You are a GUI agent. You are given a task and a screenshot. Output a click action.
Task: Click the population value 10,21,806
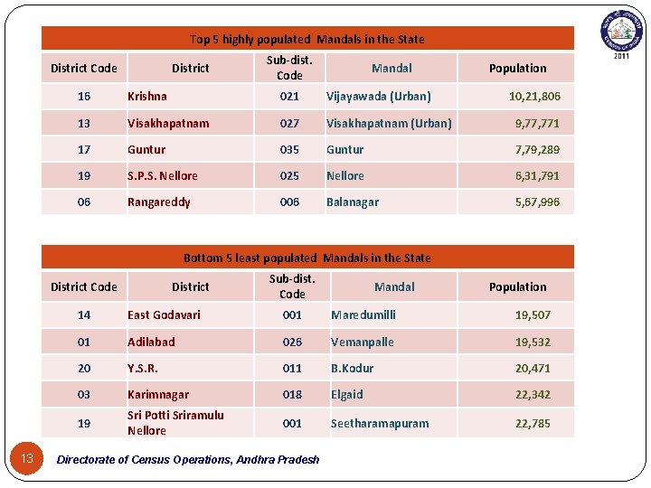[x=533, y=97]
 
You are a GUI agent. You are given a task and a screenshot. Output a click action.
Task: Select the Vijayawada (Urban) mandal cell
[x=378, y=97]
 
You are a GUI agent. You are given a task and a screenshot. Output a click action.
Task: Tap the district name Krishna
[x=147, y=97]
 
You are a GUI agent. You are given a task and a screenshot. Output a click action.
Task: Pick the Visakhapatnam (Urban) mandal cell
[x=389, y=124]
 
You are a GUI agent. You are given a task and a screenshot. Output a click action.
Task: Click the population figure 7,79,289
[x=537, y=150]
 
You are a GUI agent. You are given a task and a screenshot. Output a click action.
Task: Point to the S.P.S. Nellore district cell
[x=163, y=176]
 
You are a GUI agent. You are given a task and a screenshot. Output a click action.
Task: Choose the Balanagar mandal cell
[x=353, y=202]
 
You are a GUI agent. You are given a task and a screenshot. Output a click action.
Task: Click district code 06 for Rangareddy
[x=84, y=202]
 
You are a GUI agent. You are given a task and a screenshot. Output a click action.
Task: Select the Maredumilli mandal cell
[x=363, y=315]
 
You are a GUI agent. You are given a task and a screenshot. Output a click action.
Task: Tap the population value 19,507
[x=533, y=315]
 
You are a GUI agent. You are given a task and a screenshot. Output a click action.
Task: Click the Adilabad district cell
[x=152, y=343]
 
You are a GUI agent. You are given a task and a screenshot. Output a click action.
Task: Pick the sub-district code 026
[x=292, y=343]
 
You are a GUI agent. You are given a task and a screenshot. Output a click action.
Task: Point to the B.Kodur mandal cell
[x=352, y=369]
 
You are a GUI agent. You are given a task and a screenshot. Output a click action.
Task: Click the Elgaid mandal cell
[x=347, y=395]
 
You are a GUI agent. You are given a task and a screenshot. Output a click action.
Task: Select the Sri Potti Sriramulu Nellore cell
[x=175, y=423]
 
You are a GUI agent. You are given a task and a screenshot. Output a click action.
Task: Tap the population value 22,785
[x=533, y=424]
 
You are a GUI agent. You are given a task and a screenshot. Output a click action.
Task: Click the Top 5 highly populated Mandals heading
[x=307, y=39]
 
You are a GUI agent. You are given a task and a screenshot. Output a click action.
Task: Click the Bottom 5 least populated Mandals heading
[x=307, y=258]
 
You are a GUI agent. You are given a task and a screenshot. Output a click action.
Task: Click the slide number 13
[x=27, y=459]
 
